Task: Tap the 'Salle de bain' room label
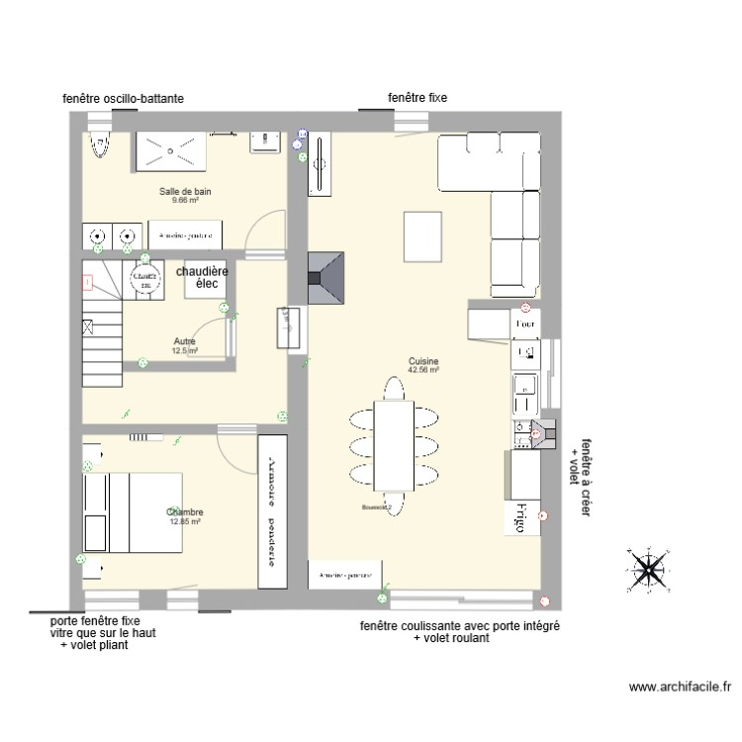185,191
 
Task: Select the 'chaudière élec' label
203,277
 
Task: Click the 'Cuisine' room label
423,362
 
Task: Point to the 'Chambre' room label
185,511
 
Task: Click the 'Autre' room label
185,341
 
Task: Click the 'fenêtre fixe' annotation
417,98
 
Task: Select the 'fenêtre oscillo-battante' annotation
123,99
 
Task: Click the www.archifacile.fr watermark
680,685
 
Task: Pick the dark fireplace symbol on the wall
326,278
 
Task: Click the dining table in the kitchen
393,445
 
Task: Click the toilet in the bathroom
99,146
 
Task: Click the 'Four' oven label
525,324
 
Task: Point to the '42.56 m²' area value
423,371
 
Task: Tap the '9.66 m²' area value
185,200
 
